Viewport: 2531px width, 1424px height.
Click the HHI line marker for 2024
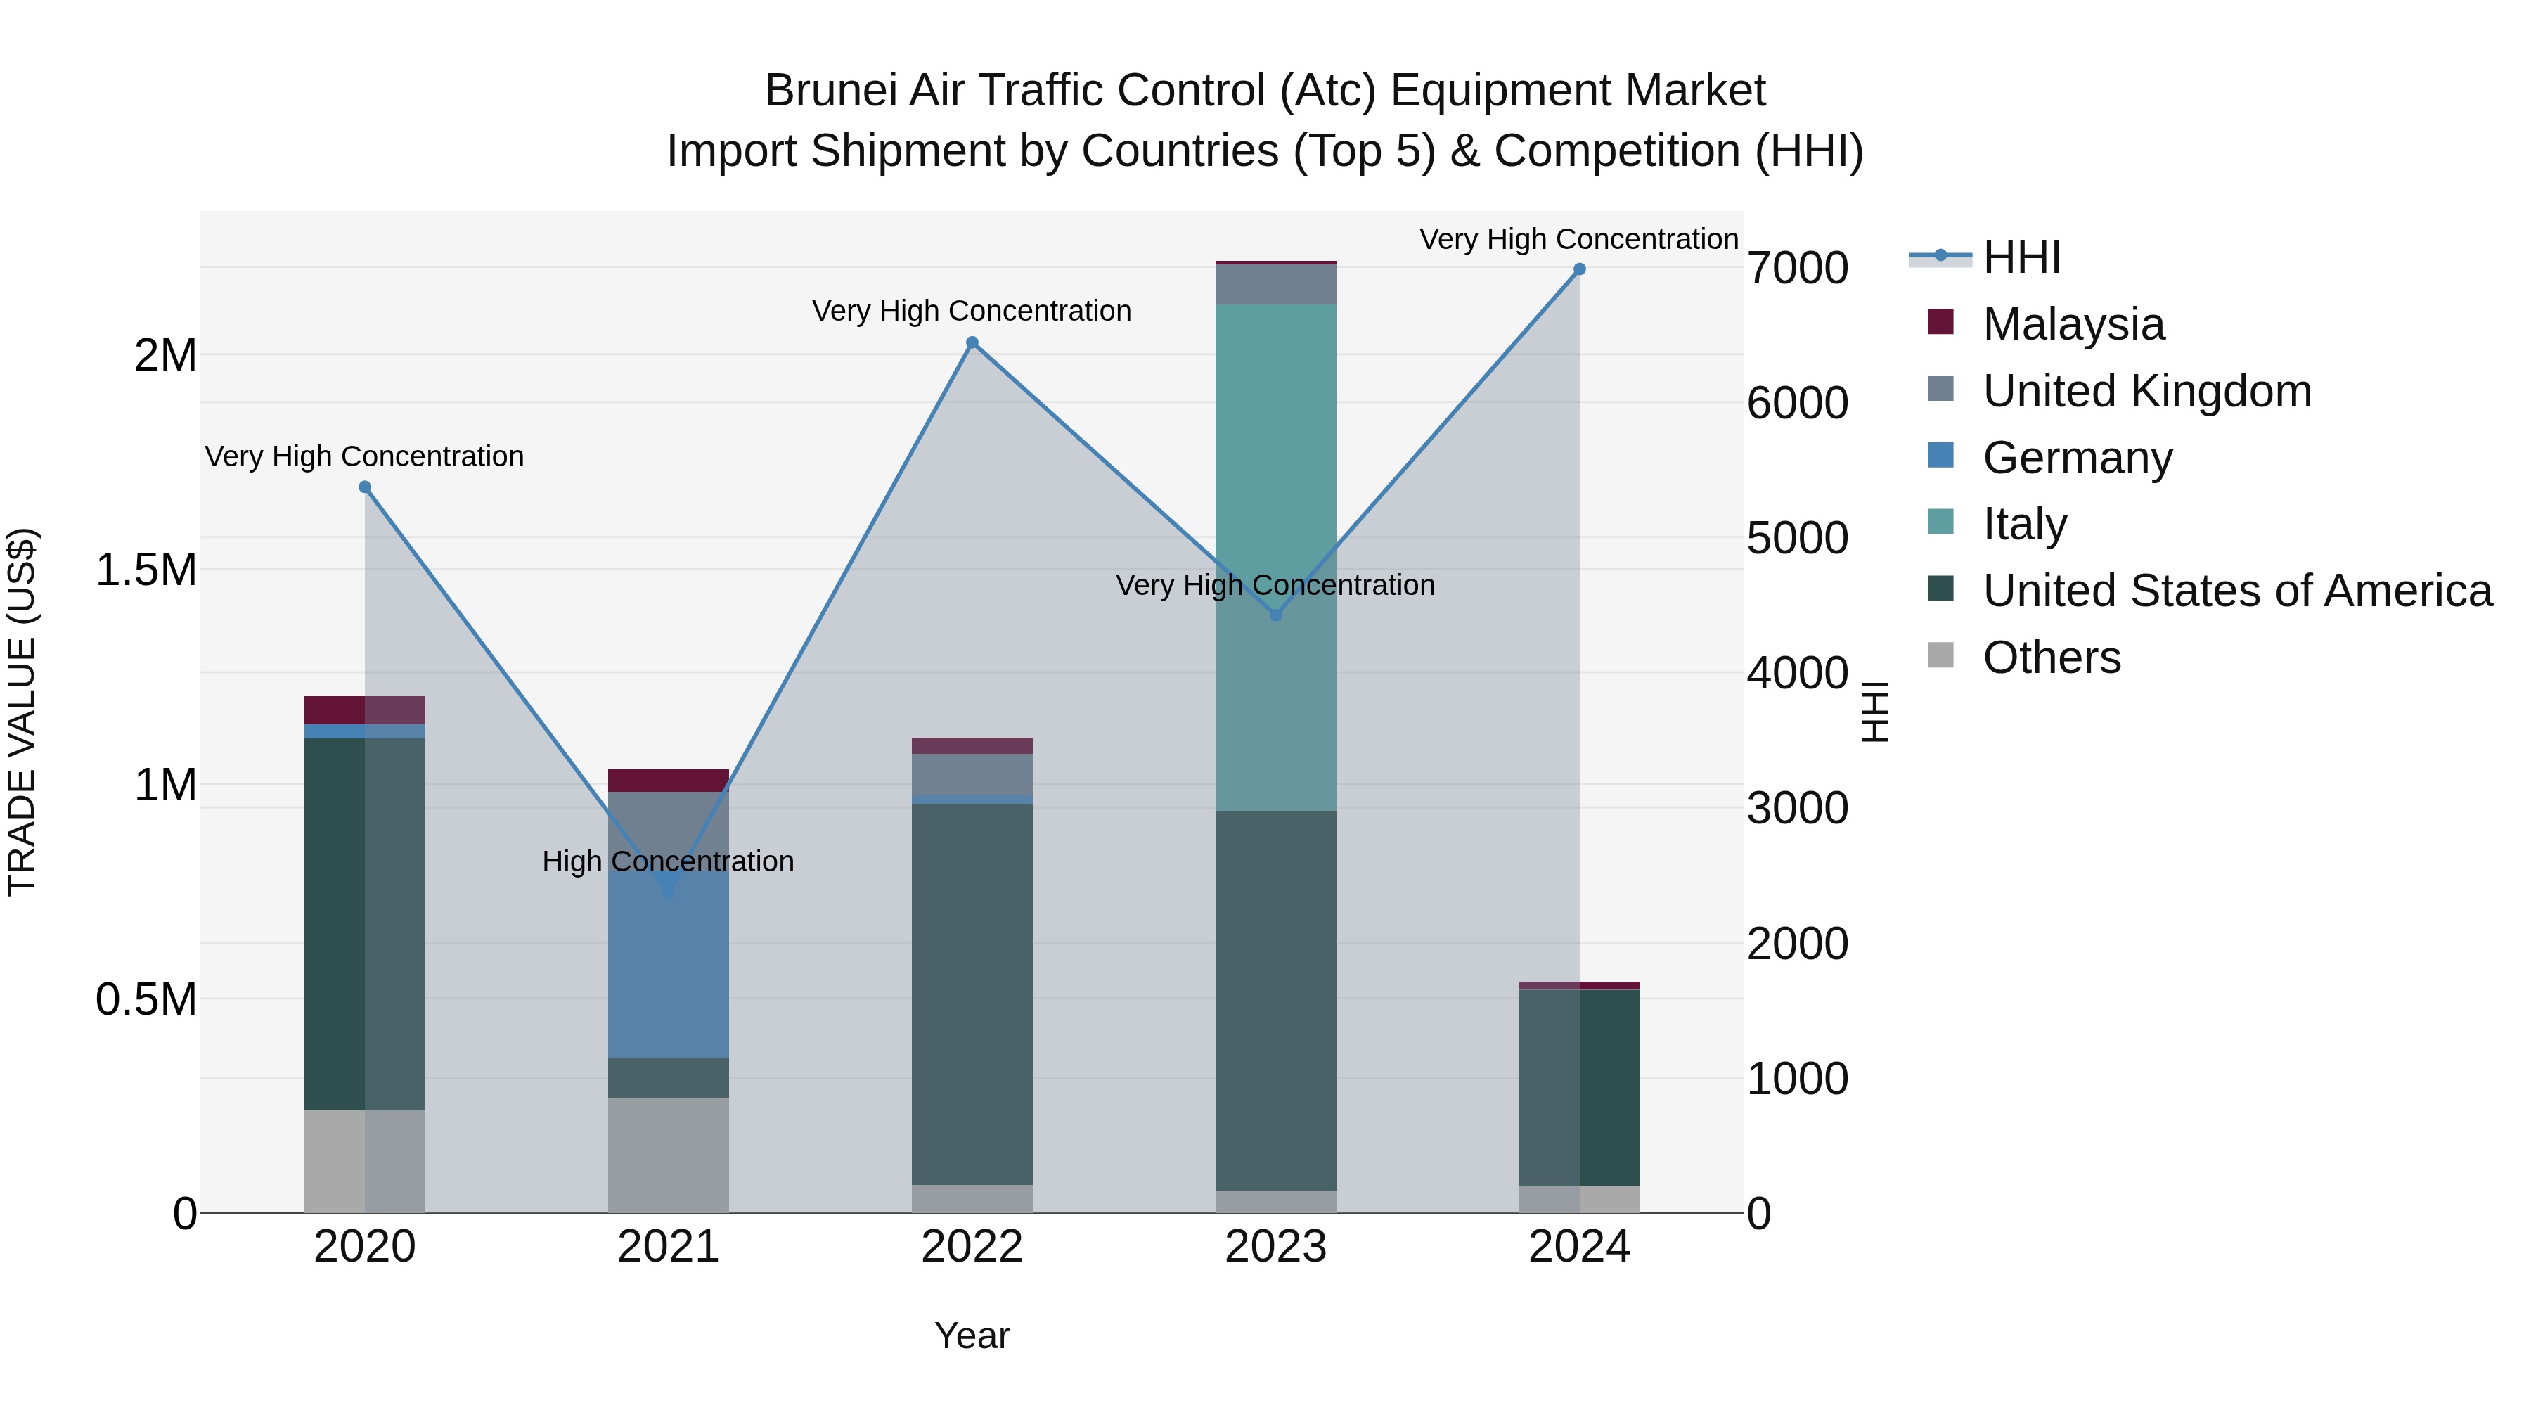coord(1579,269)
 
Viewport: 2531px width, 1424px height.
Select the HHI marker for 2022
coord(972,343)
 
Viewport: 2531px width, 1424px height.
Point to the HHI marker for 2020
coord(364,487)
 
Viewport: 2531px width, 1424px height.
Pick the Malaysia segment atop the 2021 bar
coord(668,781)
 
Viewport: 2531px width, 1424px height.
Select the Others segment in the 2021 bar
coord(668,1155)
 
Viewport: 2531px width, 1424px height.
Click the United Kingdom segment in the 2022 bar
coord(972,774)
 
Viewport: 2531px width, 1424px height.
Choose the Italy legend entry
coord(2024,524)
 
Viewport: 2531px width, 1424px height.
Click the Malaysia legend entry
coord(2073,324)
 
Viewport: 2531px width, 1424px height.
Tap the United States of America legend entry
coord(2237,591)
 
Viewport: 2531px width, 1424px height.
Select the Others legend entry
coord(2052,658)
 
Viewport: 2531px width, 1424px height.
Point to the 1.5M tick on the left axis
coord(146,570)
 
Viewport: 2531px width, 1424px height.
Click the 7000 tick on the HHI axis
coord(1797,269)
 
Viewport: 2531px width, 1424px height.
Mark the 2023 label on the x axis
coord(1275,1247)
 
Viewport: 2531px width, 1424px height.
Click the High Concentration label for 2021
coord(668,862)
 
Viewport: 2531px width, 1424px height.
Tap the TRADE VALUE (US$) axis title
coord(22,712)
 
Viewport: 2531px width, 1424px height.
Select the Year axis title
coord(972,1335)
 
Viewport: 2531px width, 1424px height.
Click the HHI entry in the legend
coord(2021,257)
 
